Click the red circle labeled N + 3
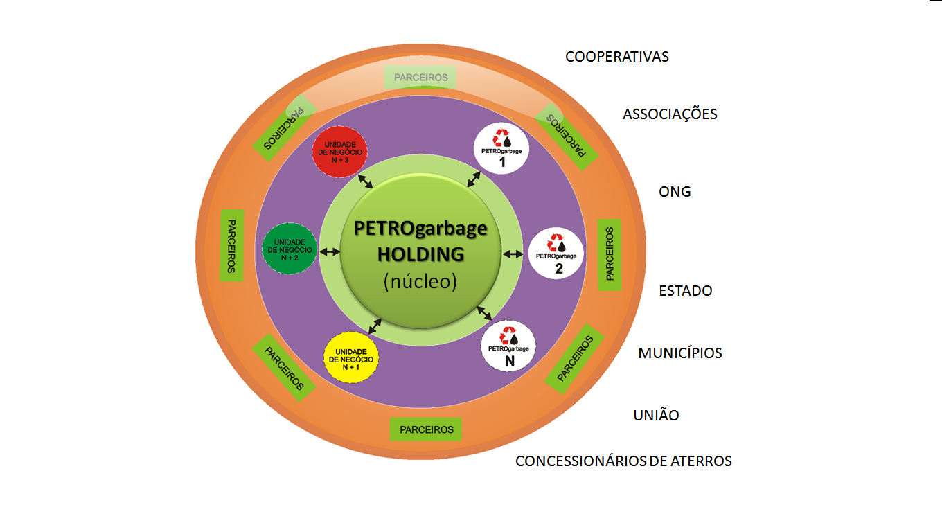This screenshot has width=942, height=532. (x=339, y=151)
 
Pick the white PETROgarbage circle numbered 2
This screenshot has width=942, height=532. (x=557, y=253)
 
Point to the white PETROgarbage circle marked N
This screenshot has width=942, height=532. (x=509, y=345)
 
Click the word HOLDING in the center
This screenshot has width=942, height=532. (x=420, y=254)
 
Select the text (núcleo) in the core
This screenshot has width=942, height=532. (x=420, y=282)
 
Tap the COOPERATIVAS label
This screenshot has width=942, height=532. (x=617, y=57)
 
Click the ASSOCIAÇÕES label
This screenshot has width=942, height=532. (x=670, y=114)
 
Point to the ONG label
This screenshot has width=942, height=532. (x=675, y=192)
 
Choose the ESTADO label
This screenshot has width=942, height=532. (x=686, y=291)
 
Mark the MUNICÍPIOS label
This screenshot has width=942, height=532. (x=680, y=353)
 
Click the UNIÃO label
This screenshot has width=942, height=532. (x=656, y=416)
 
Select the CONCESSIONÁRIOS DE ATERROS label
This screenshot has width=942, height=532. (x=623, y=461)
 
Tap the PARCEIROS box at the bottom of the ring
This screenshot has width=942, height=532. (x=426, y=429)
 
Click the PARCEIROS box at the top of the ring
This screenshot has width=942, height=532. (x=420, y=78)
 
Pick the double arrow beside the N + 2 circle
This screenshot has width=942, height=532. (x=330, y=251)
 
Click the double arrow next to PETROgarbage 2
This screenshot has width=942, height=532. (x=513, y=254)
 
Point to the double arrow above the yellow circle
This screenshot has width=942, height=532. (x=375, y=325)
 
